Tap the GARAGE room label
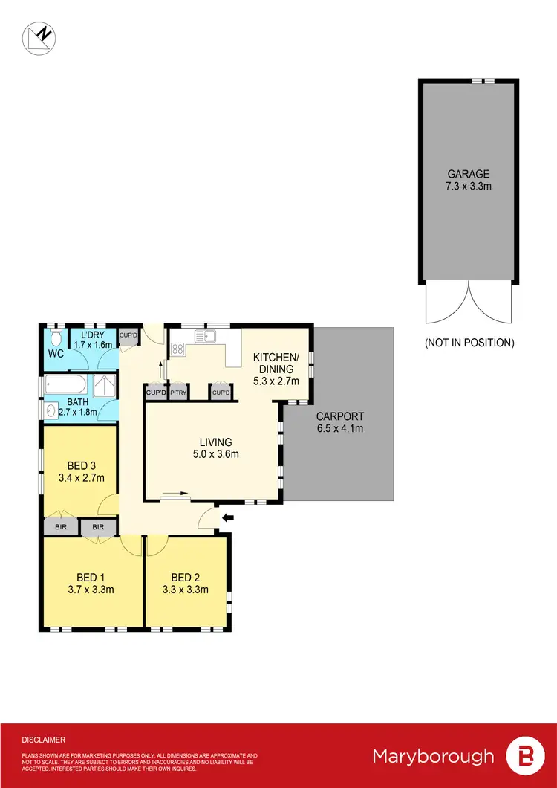click(468, 175)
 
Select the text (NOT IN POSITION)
click(469, 343)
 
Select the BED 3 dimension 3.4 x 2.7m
click(81, 477)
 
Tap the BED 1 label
click(93, 577)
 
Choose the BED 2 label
click(186, 577)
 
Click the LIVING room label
click(213, 442)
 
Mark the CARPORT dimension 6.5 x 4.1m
click(339, 429)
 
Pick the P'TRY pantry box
click(178, 393)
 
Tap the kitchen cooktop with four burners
click(178, 347)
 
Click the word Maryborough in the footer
click(432, 756)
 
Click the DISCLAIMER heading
click(44, 740)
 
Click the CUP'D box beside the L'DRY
click(128, 336)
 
